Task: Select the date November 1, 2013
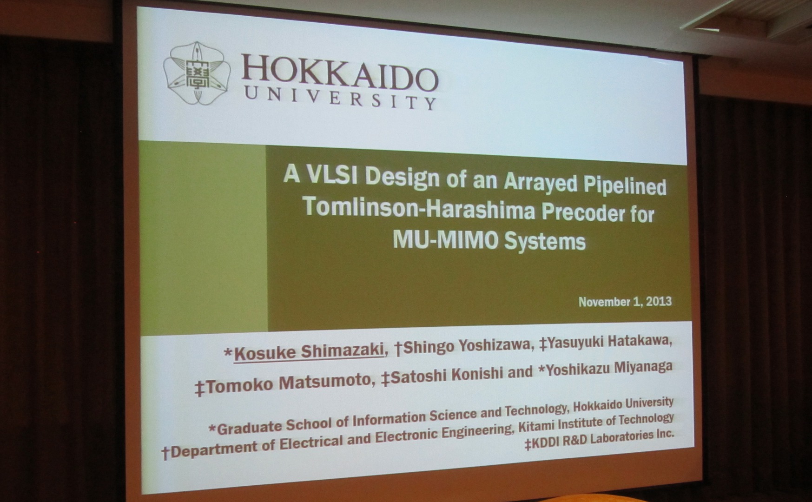point(625,302)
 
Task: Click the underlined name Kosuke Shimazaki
point(309,351)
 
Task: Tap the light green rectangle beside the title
point(203,238)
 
